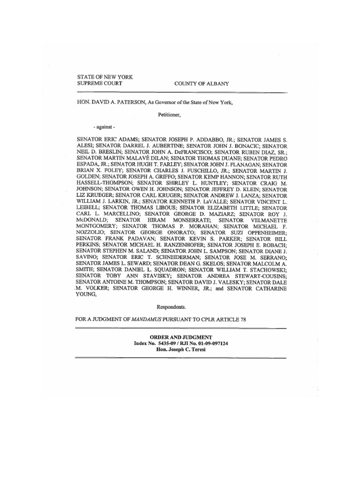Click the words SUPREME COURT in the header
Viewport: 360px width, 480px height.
pyautogui.click(x=99, y=83)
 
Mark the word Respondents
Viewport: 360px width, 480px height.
pyautogui.click(x=171, y=307)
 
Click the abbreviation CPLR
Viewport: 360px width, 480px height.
pyautogui.click(x=208, y=319)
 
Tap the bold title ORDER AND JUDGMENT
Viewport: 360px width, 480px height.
pyautogui.click(x=181, y=337)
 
